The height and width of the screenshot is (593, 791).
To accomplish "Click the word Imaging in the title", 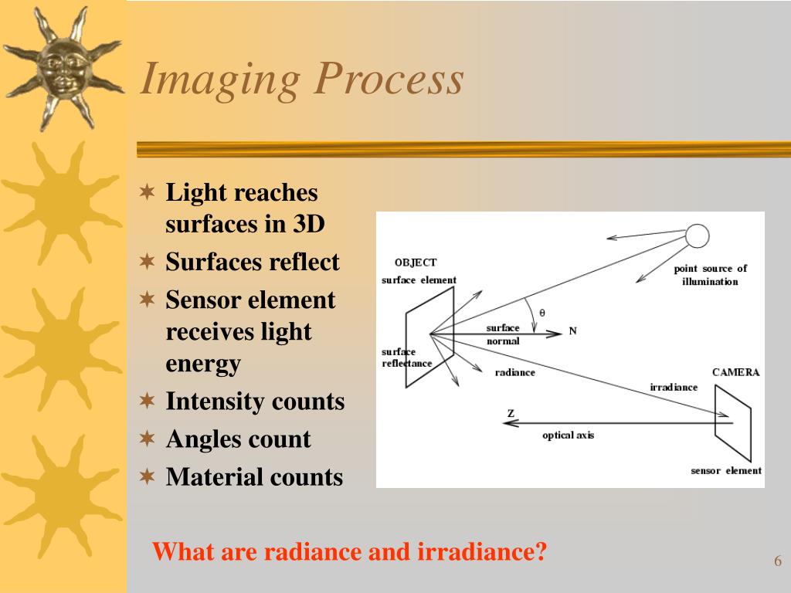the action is [220, 80].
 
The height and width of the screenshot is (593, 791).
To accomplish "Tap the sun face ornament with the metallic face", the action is [64, 69].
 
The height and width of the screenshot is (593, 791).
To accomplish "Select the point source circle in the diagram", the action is [698, 236].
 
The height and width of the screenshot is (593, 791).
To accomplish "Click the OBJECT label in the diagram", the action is [416, 263].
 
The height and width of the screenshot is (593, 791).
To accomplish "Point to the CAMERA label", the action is [735, 372].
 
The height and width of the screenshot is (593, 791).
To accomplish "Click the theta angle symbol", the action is [542, 313].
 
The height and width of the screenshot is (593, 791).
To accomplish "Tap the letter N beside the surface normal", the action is [572, 330].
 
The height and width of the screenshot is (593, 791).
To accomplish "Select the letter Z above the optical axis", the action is [511, 413].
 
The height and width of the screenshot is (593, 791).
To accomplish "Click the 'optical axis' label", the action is [568, 435].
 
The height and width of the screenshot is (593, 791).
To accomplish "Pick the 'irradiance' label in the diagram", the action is [674, 388].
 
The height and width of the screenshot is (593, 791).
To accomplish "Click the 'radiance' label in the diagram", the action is [514, 372].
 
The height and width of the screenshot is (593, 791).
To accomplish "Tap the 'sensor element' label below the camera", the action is [726, 470].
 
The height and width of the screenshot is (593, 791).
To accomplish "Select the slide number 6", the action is [778, 561].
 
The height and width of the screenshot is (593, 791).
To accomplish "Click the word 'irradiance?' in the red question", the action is [482, 551].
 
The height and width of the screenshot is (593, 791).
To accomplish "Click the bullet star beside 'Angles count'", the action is [147, 439].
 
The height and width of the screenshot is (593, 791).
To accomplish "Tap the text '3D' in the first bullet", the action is [309, 224].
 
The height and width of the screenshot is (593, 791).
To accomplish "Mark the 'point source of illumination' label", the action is [711, 275].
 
